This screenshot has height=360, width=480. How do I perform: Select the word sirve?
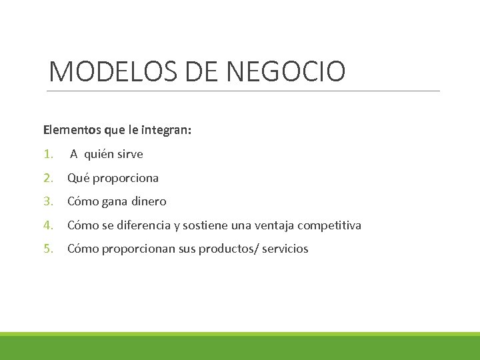130,155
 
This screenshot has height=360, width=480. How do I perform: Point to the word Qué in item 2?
79,178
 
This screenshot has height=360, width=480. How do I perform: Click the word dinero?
148,201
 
